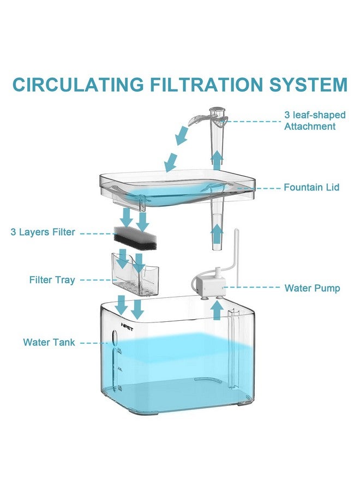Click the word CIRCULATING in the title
(x=77, y=85)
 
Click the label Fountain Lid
(x=311, y=188)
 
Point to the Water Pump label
(x=312, y=288)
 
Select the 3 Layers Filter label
(x=43, y=232)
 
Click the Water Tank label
(x=49, y=343)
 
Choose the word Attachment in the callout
(x=309, y=127)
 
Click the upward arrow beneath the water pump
(x=217, y=309)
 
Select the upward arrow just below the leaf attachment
(x=217, y=160)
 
